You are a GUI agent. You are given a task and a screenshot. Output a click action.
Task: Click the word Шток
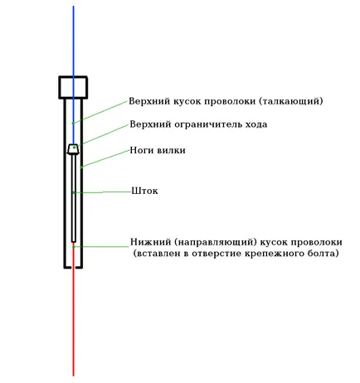[144, 191]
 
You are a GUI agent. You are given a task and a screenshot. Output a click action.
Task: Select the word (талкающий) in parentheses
[291, 101]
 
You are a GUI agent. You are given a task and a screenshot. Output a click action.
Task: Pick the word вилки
[171, 150]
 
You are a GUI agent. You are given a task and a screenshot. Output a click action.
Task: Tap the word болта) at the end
[324, 254]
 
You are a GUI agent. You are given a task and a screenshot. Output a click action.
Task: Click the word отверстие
[216, 254]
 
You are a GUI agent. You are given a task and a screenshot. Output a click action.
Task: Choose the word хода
[256, 124]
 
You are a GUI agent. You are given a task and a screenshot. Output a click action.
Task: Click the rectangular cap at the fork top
[73, 87]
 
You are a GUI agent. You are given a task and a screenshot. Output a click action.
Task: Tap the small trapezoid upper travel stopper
[74, 149]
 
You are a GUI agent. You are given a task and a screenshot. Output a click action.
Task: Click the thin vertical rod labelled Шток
[74, 198]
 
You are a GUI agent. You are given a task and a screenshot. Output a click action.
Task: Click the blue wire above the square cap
[73, 41]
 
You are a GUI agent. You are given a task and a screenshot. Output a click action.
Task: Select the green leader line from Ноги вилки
[105, 158]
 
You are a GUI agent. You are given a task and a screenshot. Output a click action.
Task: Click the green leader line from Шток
[102, 191]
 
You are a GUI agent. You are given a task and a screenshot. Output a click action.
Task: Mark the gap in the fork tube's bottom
[74, 267]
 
